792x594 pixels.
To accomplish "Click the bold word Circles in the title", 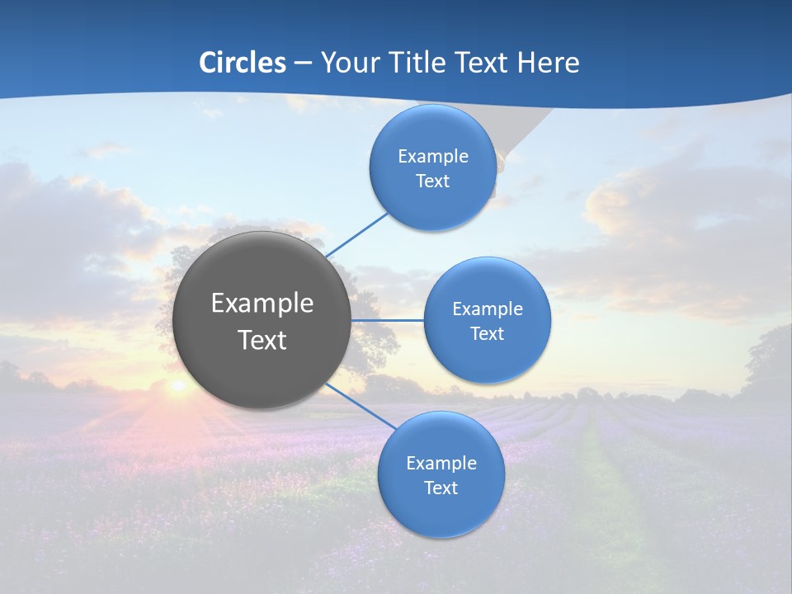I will point(242,63).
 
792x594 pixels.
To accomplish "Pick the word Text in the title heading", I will point(484,63).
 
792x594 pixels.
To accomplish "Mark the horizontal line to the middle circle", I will point(387,320).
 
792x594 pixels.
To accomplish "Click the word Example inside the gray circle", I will point(262,304).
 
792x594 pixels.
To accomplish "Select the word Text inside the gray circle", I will point(262,340).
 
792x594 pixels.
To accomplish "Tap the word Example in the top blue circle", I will point(433,157).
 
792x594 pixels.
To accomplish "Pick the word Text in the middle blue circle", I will point(488,334).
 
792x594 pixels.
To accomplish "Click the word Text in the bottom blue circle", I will point(441,488).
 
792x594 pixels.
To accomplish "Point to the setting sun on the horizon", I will point(177,385).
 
